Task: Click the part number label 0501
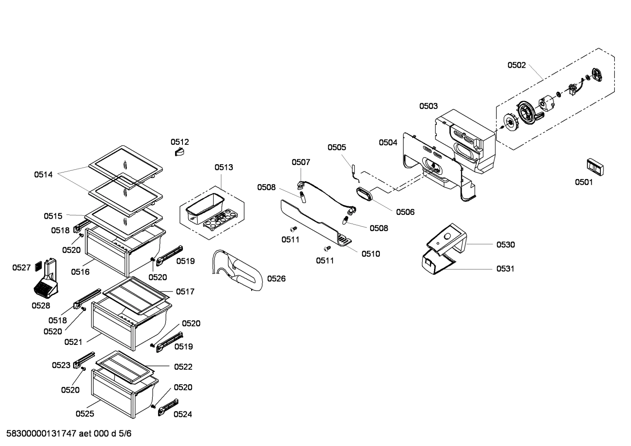584,182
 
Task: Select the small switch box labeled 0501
595,167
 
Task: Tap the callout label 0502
516,65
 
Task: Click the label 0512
180,142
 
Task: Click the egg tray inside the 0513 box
220,219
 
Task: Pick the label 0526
276,278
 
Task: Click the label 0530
505,245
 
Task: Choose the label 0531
505,269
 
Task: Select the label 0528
41,306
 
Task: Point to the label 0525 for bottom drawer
84,413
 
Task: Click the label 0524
183,414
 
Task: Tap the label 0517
185,291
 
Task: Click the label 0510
371,254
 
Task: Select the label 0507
301,162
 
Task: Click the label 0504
388,142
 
